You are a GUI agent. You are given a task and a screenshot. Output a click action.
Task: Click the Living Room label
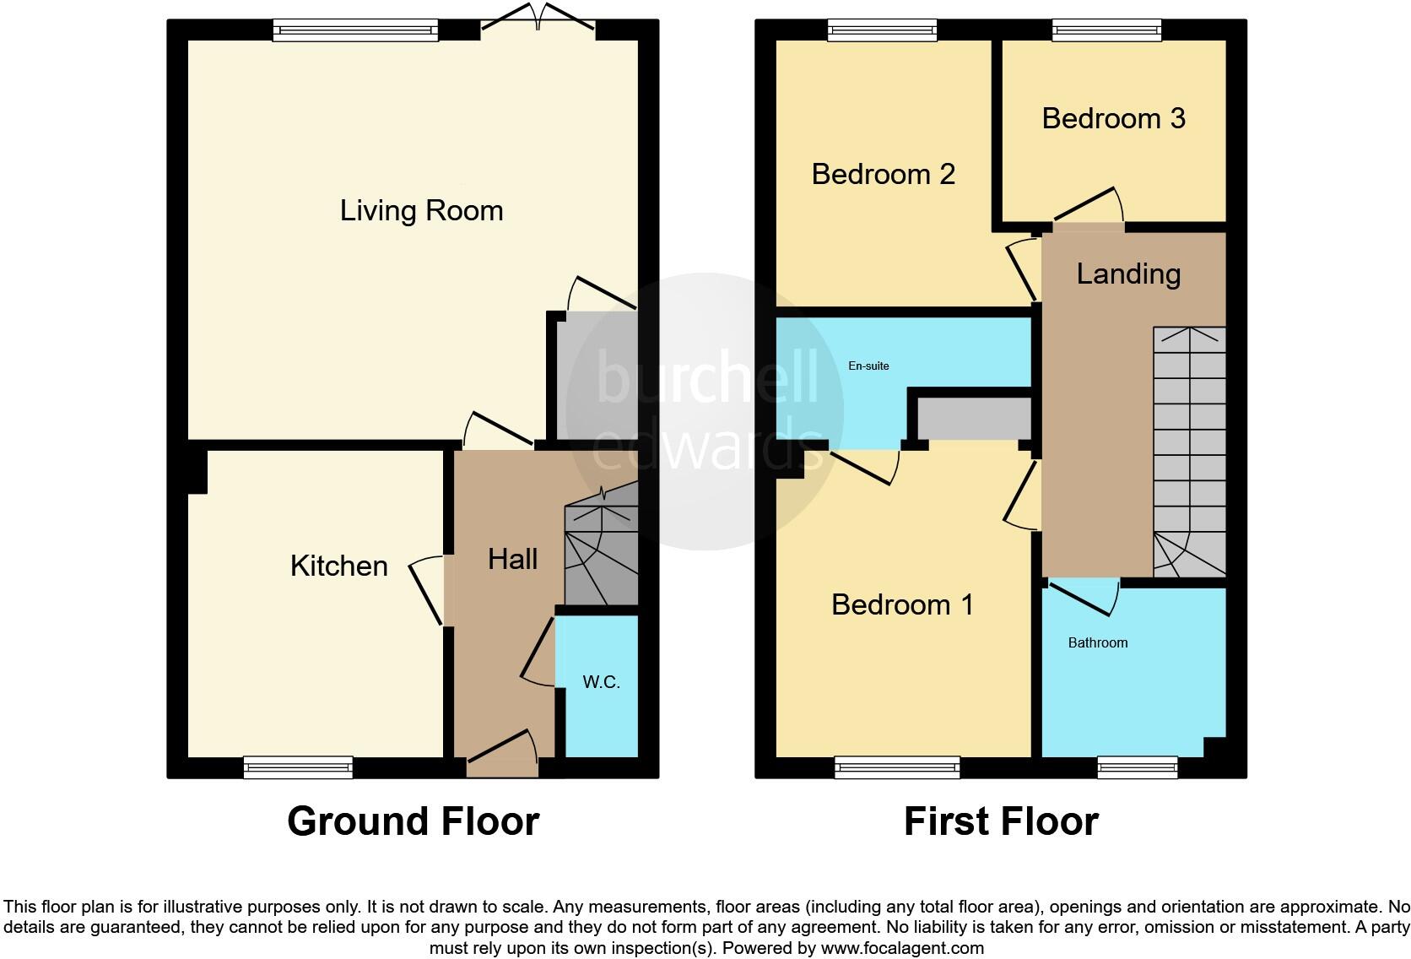421,210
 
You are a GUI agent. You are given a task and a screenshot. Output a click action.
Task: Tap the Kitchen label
338,566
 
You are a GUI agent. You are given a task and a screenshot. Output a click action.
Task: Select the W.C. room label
601,682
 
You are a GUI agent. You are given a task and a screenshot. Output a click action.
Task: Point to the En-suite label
868,366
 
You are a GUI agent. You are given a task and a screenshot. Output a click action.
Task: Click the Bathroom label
1097,642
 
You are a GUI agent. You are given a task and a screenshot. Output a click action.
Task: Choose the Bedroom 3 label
1113,118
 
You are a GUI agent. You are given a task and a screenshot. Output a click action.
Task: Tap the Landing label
1128,274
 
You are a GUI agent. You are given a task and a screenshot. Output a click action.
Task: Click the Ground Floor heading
413,821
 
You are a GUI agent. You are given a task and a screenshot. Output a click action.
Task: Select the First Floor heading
1001,821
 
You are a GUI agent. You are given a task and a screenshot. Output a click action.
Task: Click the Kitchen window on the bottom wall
298,767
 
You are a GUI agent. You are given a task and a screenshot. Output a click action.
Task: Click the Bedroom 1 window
897,767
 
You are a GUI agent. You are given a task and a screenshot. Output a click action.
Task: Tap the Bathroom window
1137,767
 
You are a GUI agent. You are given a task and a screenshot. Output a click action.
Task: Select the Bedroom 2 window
883,31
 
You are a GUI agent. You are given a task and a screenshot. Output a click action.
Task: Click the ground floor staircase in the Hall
600,554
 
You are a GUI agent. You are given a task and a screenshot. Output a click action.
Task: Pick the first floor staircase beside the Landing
1189,452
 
